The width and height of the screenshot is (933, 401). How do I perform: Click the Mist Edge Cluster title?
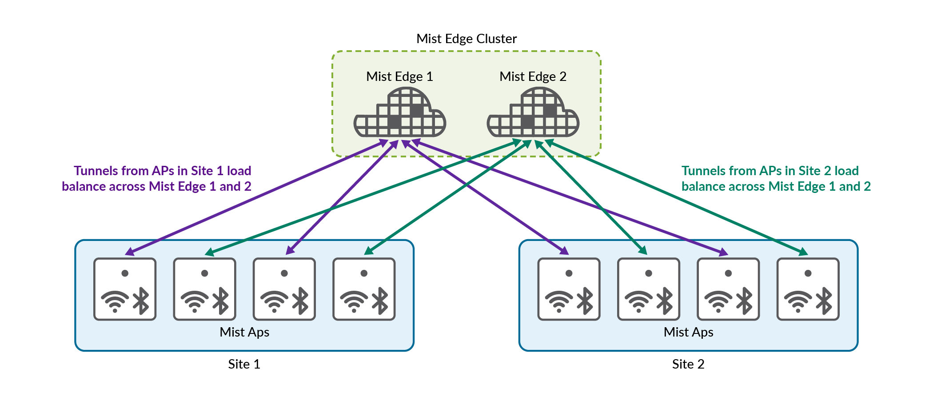[466, 39]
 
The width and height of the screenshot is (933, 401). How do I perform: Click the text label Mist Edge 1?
[399, 76]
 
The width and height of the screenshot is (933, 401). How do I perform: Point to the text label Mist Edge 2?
[533, 76]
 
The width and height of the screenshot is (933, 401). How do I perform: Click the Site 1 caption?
[244, 364]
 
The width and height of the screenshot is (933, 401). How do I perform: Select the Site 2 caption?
[688, 364]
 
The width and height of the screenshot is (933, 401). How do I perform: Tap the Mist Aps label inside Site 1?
[244, 332]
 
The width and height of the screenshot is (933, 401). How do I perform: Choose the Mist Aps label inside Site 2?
[688, 332]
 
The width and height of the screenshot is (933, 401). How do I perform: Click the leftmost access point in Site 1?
[125, 289]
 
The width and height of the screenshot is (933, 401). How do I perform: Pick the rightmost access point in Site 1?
[364, 289]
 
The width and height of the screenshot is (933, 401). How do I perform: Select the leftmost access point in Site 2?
[569, 289]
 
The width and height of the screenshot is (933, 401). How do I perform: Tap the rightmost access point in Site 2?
[808, 289]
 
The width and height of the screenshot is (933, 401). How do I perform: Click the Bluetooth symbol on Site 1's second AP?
[221, 301]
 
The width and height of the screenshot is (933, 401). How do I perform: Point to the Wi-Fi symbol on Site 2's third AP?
[718, 301]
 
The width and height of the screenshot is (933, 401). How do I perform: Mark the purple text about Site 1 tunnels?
[156, 178]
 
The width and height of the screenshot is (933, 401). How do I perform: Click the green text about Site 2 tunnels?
[776, 178]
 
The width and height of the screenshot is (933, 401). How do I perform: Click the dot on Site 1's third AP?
[284, 273]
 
